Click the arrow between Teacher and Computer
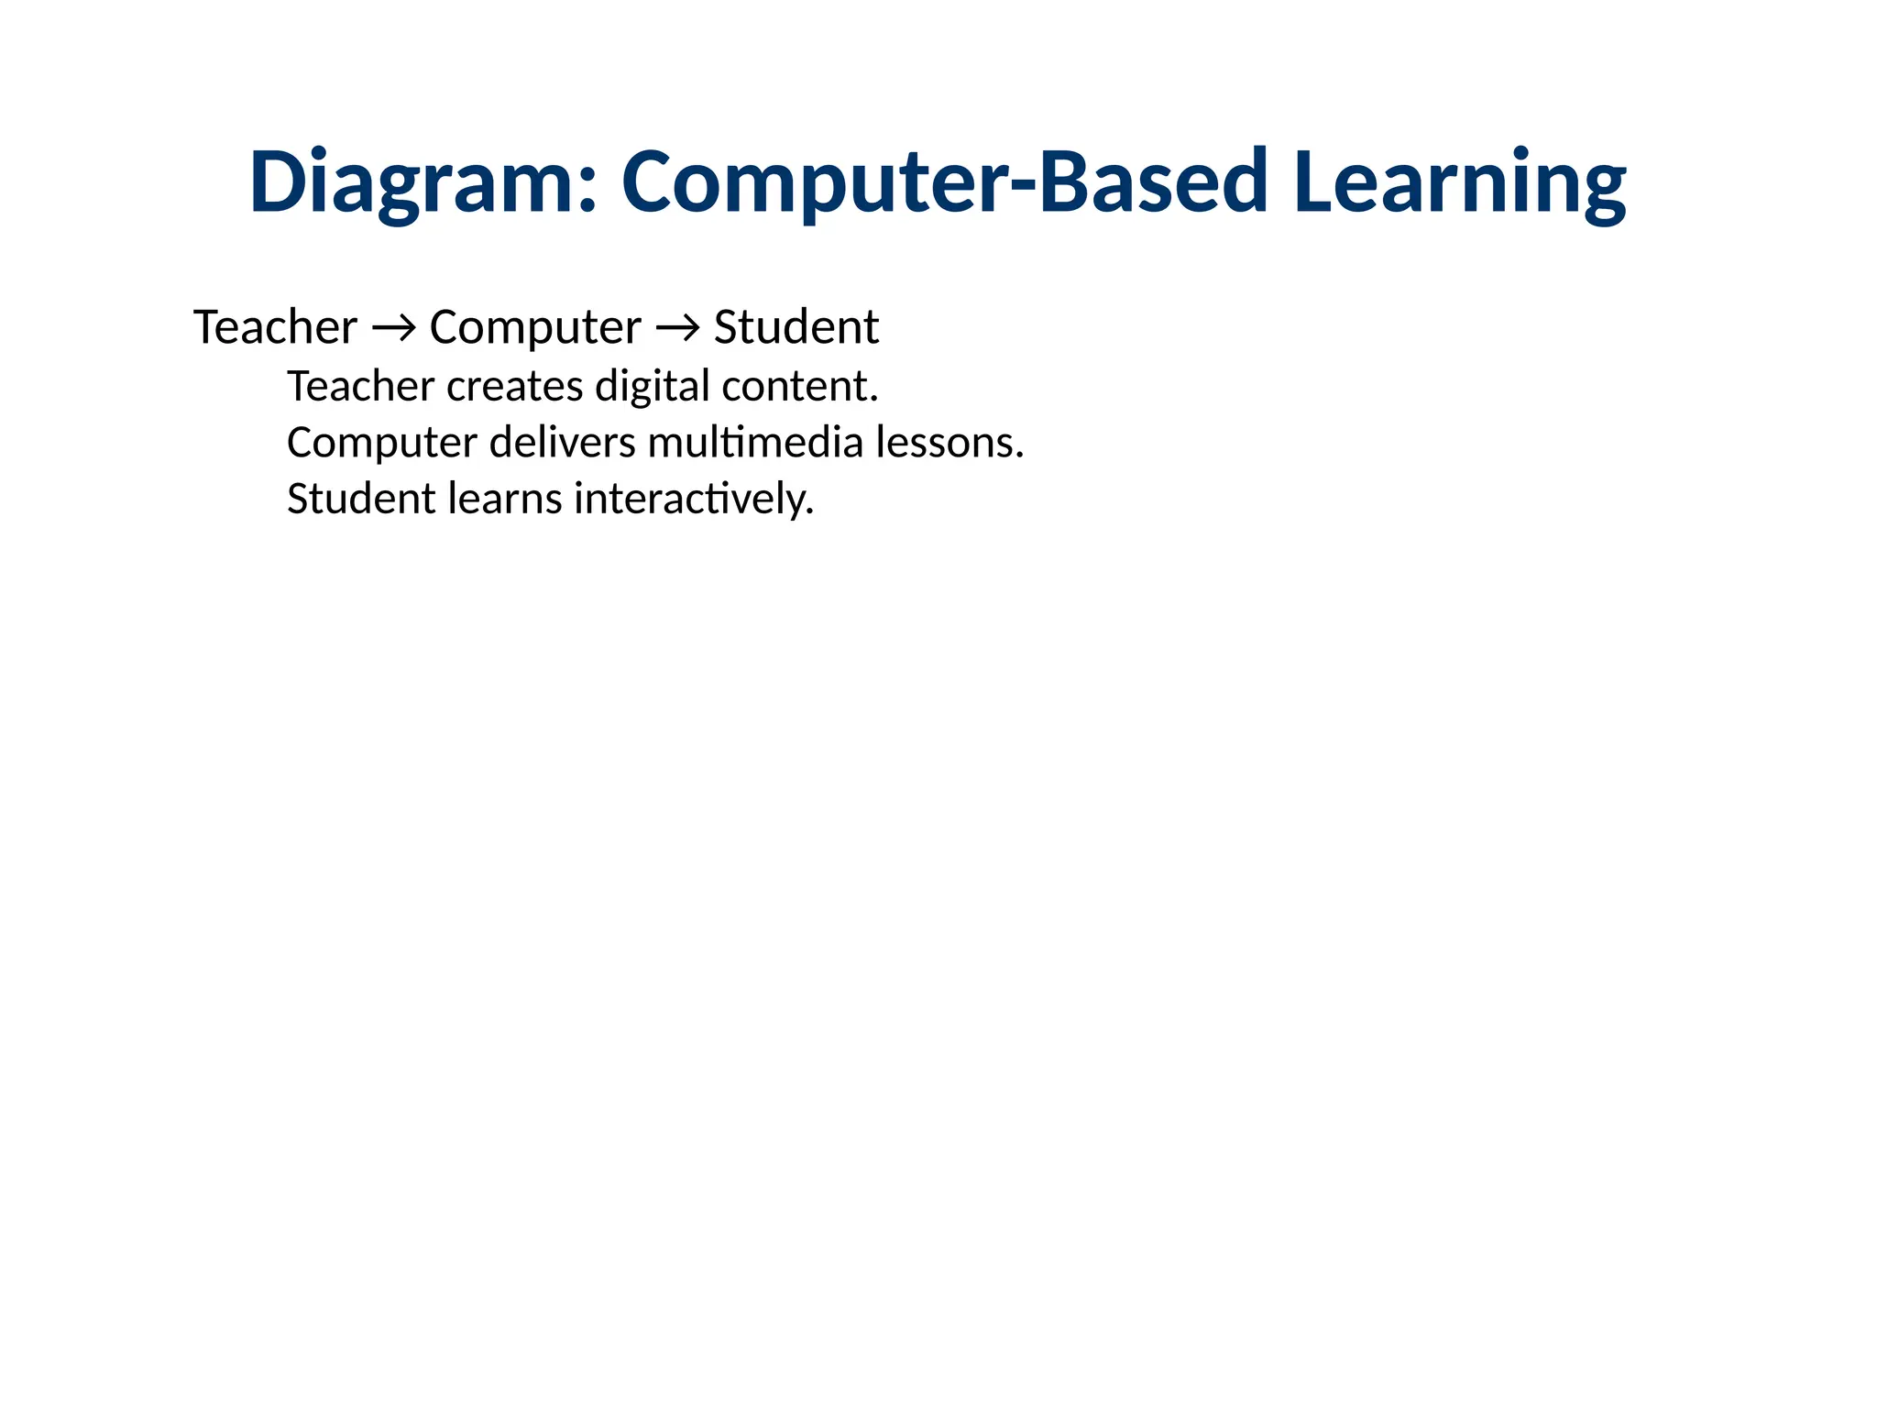coord(393,327)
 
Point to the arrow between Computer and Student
coord(677,327)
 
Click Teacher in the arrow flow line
coord(275,327)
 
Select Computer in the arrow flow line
coord(535,327)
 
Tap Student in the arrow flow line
coord(796,327)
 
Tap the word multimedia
coord(755,443)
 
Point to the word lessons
coord(949,443)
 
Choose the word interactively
coord(693,500)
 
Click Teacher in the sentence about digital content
coord(360,386)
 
